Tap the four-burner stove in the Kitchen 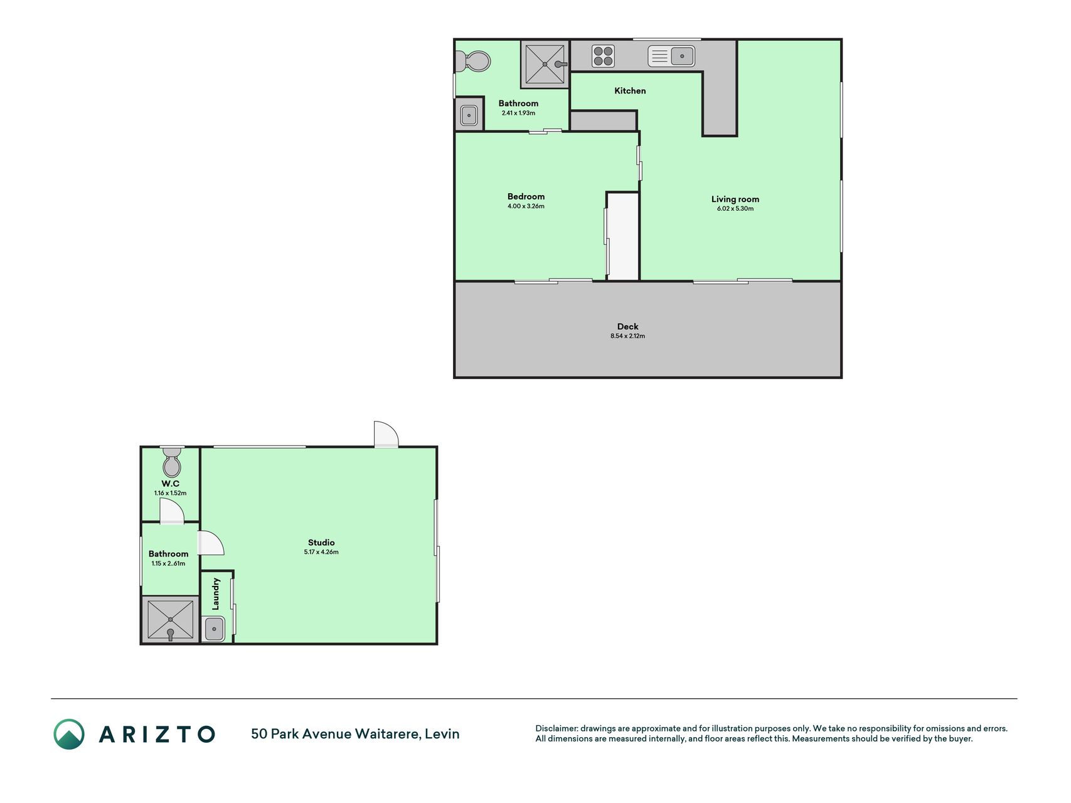(603, 56)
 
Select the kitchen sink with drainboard (671, 56)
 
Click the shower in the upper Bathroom (545, 63)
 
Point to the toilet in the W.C (171, 463)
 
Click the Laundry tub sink (214, 629)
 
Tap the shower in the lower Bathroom (170, 620)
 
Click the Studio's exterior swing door (386, 434)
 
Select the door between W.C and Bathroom (171, 512)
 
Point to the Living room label (735, 199)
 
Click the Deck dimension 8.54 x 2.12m (627, 336)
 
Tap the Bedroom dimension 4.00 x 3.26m (526, 206)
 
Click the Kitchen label (630, 91)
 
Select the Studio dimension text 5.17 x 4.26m (321, 553)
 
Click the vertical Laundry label (216, 593)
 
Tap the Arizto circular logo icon (69, 734)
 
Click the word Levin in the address (442, 734)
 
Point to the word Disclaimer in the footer (556, 728)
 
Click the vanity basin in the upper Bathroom (469, 115)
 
